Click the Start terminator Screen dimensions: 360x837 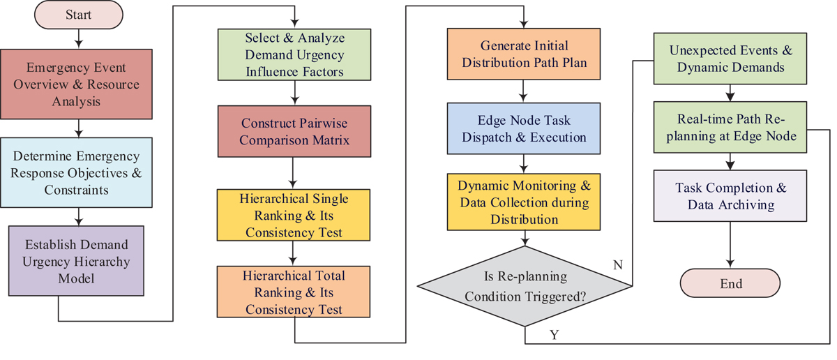click(78, 15)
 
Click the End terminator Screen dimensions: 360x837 click(730, 284)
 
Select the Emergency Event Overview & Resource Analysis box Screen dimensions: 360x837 click(79, 84)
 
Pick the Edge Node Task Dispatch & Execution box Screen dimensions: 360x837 click(523, 128)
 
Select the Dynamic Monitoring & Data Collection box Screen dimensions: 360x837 click(523, 202)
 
